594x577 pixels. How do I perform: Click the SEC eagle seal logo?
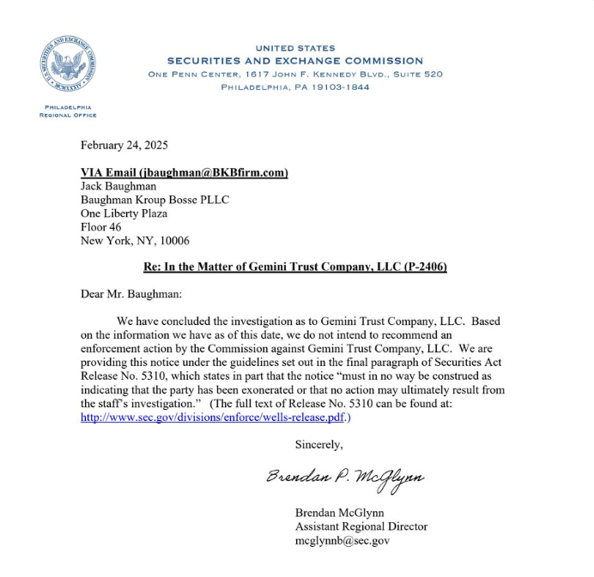[68, 66]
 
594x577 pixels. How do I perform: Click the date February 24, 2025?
[124, 145]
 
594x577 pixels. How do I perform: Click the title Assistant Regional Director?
[361, 526]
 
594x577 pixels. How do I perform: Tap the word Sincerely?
[318, 444]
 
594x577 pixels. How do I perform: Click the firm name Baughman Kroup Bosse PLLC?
[155, 200]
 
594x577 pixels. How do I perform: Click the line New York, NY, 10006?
[135, 241]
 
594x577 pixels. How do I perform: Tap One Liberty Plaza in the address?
[124, 213]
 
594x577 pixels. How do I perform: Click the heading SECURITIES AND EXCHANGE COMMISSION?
[294, 61]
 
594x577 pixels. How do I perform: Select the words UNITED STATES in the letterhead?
[295, 48]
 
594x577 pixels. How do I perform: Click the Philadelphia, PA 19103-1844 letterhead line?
[295, 87]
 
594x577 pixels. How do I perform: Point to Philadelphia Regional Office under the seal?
[68, 111]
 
